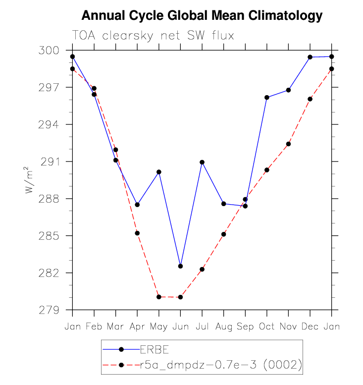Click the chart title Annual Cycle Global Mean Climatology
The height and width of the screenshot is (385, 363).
(x=202, y=16)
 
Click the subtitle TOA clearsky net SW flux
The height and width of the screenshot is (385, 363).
(x=153, y=36)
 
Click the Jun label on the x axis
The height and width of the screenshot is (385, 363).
(x=180, y=327)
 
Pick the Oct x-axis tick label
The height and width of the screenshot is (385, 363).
(x=267, y=327)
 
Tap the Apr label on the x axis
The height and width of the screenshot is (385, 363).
(x=137, y=327)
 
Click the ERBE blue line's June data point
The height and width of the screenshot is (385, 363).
(x=180, y=266)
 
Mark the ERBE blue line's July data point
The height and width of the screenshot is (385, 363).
(x=202, y=162)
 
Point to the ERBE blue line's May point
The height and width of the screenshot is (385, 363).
(x=159, y=172)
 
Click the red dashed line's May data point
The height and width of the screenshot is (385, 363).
(x=159, y=297)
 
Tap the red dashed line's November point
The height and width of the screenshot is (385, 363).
(x=288, y=144)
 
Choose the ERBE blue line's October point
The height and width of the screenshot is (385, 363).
(x=267, y=97)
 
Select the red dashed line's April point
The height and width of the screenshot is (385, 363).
(x=137, y=233)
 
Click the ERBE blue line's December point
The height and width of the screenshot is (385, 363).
(x=310, y=57)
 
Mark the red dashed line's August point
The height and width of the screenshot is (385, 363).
(x=224, y=234)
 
